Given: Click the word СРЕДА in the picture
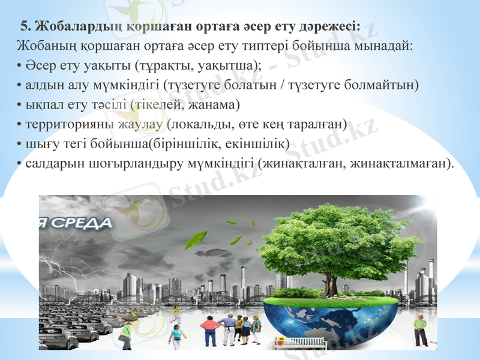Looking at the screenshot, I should coord(84,223).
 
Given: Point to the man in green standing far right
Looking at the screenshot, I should coord(420,329).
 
